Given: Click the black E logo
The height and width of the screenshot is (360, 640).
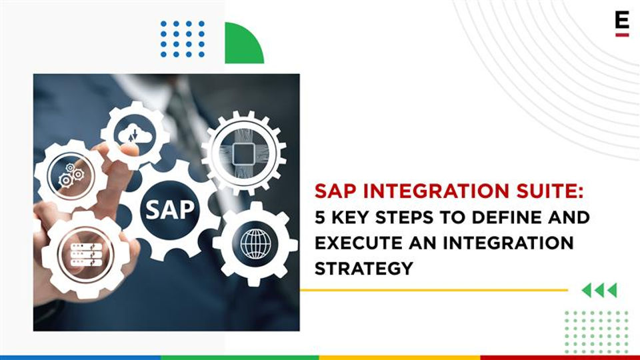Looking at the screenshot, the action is tap(622, 21).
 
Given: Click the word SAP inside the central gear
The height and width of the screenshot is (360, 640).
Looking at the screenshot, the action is tap(170, 209).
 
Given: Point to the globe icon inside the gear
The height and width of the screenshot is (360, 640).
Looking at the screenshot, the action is tap(255, 244).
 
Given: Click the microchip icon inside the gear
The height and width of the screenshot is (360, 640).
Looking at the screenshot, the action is tap(244, 154).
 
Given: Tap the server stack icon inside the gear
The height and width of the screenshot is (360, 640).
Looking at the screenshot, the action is tap(86, 255).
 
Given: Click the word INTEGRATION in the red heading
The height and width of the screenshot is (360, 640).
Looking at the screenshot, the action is tap(436, 191).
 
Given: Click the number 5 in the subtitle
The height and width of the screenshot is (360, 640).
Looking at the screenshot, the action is tap(320, 217).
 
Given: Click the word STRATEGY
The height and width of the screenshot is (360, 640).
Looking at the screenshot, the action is tap(364, 269).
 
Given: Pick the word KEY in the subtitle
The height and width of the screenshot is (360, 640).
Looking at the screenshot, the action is tap(350, 217).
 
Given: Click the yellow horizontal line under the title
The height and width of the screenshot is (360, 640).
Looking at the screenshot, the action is tap(434, 290).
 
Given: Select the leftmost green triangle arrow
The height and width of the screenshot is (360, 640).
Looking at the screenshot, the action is tap(586, 290).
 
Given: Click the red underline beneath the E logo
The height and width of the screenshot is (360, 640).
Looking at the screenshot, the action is tap(622, 35).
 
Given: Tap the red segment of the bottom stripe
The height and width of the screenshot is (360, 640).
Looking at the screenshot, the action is tap(560, 357).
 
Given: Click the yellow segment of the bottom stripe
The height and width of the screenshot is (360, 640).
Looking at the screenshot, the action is tap(399, 357).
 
